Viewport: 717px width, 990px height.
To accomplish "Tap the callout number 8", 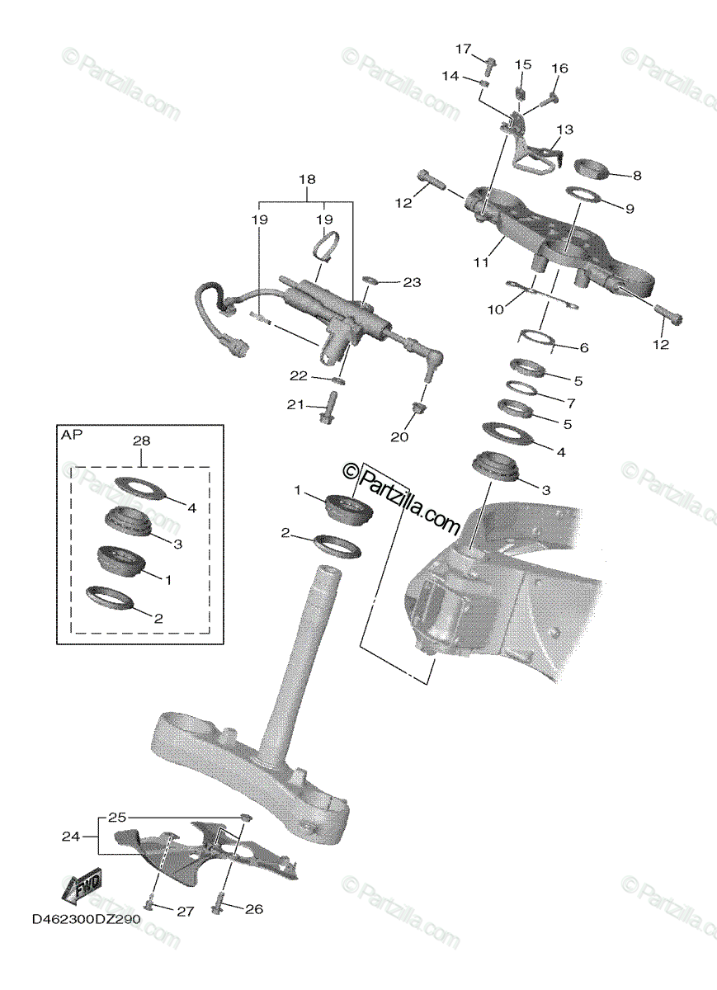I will point(636,176).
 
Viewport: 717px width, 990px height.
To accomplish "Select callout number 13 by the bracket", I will point(564,130).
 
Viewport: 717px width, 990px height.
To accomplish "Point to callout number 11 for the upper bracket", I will point(481,262).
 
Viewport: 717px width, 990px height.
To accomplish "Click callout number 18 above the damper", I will point(307,179).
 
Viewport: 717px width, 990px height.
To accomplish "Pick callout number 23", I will point(412,283).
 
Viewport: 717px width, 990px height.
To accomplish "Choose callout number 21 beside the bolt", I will point(296,404).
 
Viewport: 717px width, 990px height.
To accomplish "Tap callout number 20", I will point(399,437).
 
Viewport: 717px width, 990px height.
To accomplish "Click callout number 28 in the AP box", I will point(141,441).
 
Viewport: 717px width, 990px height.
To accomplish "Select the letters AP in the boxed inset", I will point(72,435).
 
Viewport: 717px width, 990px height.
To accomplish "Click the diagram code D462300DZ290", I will point(87,919).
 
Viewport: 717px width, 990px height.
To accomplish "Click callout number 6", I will point(583,348).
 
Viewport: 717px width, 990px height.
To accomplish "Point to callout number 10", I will point(495,309).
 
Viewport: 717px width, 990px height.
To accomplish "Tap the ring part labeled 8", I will point(589,171).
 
